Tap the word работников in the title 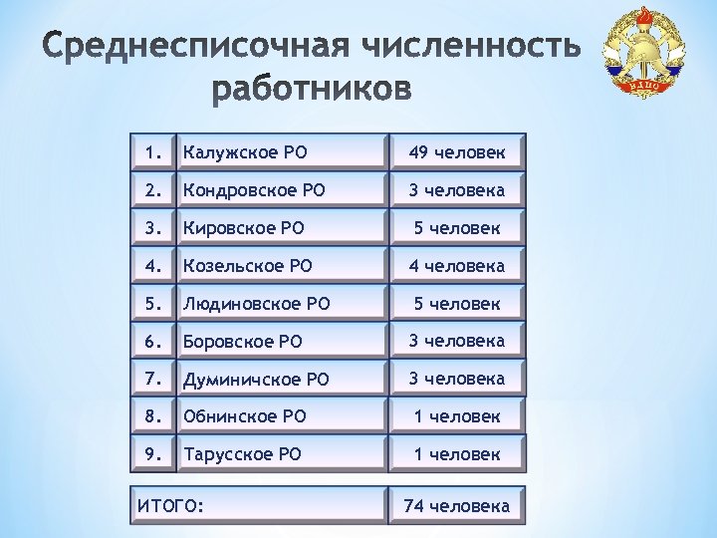(x=312, y=91)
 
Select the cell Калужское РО (x=279, y=152)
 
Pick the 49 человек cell (x=457, y=152)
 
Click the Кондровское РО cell (x=279, y=189)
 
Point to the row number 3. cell (x=152, y=228)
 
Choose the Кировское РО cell (x=279, y=228)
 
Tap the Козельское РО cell (x=279, y=266)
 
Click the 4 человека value (x=457, y=266)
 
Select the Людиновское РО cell (x=279, y=304)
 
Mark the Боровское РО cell (x=279, y=341)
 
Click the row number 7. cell (x=152, y=379)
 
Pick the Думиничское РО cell (x=279, y=379)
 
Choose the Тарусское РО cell (x=279, y=454)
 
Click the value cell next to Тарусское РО (x=457, y=454)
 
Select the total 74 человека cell (x=457, y=506)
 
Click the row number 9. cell (x=152, y=454)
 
